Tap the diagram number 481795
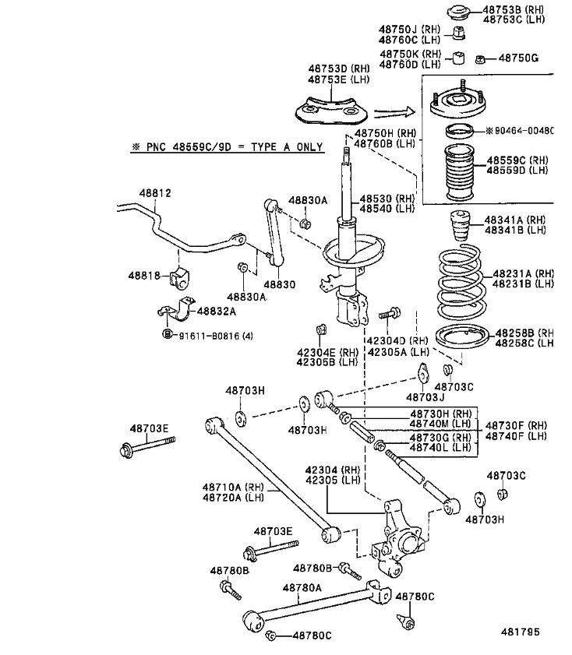520,632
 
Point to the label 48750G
518,58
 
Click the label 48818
144,276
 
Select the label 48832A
216,312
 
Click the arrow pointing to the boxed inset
393,112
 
